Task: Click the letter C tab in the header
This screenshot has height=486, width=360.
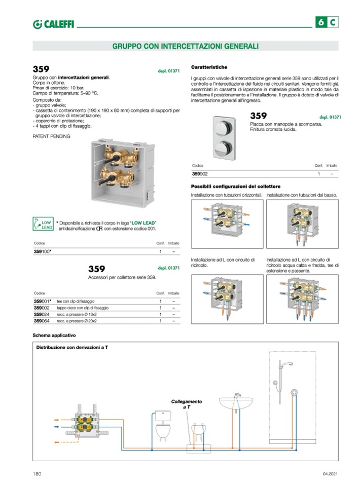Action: [x=332, y=22]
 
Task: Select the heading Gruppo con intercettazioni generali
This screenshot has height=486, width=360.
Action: [x=185, y=46]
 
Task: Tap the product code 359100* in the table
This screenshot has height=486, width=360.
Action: [x=43, y=251]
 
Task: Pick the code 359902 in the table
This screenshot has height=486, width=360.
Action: [x=200, y=174]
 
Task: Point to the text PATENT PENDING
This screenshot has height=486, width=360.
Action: [x=51, y=136]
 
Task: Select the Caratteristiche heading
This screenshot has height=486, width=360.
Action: [x=209, y=67]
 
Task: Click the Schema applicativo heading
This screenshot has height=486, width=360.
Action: [x=54, y=335]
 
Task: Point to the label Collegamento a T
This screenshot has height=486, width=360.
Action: [x=186, y=404]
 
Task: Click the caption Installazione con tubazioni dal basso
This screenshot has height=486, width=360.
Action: [x=302, y=195]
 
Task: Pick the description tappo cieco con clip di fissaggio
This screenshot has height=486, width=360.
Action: [x=83, y=308]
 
